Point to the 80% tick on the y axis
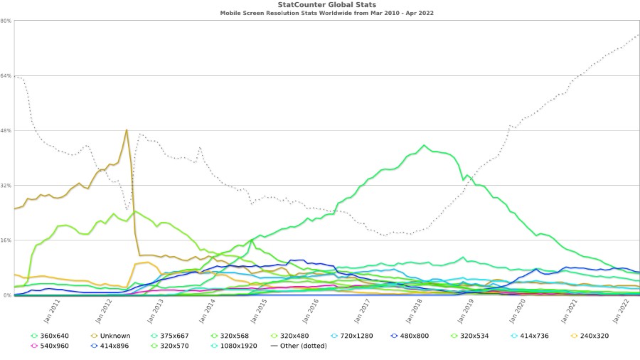(x=5, y=20)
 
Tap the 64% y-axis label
(x=5, y=75)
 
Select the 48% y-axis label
(x=5, y=130)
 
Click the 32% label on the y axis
(x=5, y=185)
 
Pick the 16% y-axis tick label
(x=5, y=240)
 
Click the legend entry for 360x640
(x=54, y=335)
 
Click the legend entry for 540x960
(x=54, y=346)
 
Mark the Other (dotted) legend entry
(x=299, y=346)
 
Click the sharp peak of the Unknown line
(x=127, y=129)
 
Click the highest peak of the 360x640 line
(x=424, y=145)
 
